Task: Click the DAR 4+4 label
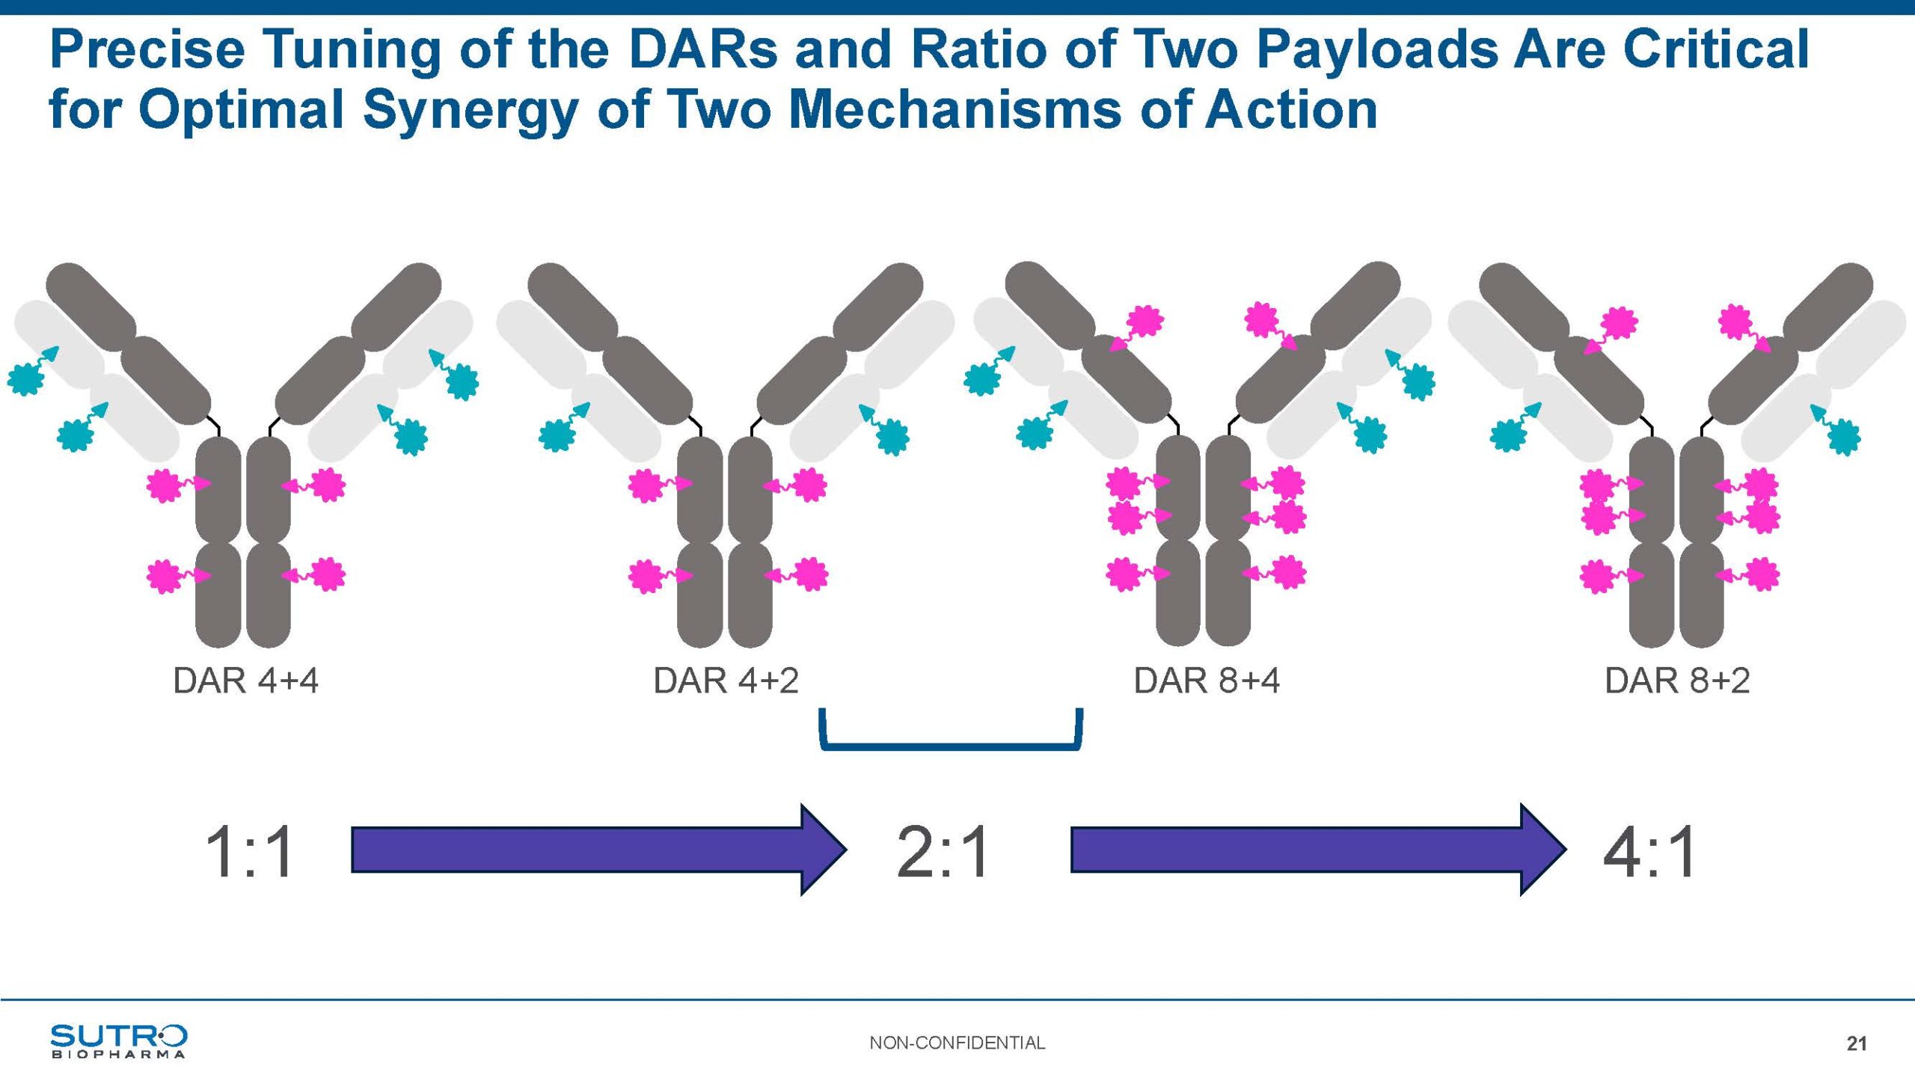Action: click(245, 681)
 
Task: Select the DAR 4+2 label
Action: click(726, 681)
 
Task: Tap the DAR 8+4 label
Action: click(1207, 681)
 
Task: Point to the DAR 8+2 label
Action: click(1677, 681)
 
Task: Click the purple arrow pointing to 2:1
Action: click(598, 850)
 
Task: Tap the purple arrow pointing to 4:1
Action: click(1318, 850)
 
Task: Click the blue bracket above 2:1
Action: click(951, 746)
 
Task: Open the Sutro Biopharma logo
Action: click(118, 1041)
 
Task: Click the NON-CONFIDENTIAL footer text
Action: click(957, 1043)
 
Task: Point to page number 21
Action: click(1857, 1044)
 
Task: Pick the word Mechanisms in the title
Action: click(955, 109)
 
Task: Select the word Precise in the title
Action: click(147, 49)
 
